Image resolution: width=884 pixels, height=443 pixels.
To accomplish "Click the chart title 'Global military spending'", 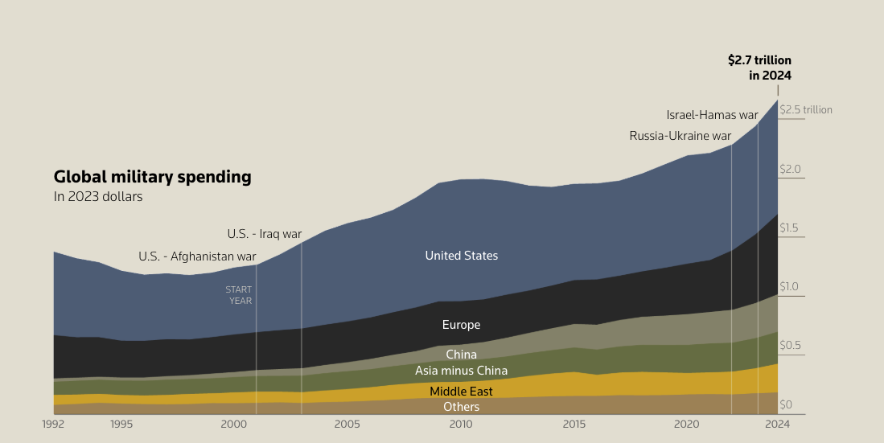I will pyautogui.click(x=152, y=177).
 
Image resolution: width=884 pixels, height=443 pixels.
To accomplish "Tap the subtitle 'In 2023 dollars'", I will pyautogui.click(x=98, y=197).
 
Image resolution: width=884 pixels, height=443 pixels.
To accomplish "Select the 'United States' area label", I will pyautogui.click(x=461, y=256).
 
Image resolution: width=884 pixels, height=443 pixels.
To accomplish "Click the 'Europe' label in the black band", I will pyautogui.click(x=461, y=325).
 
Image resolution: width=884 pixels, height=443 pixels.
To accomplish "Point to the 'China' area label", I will pyautogui.click(x=461, y=355).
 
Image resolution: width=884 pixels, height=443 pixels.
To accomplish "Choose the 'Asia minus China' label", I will pyautogui.click(x=461, y=371).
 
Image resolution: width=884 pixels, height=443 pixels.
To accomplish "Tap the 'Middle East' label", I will pyautogui.click(x=461, y=392).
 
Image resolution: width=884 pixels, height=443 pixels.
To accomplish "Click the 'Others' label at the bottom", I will pyautogui.click(x=461, y=407).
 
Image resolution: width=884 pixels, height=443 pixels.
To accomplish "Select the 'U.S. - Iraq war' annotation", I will pyautogui.click(x=264, y=234).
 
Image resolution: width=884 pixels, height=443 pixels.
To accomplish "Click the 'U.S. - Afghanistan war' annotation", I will pyautogui.click(x=197, y=257).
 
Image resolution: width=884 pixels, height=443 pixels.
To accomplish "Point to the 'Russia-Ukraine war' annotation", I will pyautogui.click(x=680, y=136).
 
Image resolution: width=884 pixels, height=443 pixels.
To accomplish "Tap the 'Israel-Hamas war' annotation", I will pyautogui.click(x=712, y=115).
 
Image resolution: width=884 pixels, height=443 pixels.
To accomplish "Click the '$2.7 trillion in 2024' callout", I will pyautogui.click(x=759, y=68).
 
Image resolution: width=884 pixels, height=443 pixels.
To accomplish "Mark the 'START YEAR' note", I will pyautogui.click(x=240, y=295).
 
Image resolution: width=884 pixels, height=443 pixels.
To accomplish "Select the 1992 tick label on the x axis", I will pyautogui.click(x=53, y=424).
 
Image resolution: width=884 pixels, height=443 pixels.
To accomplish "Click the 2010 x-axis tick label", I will pyautogui.click(x=461, y=424).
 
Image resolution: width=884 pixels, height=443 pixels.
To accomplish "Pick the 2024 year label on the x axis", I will pyautogui.click(x=778, y=424).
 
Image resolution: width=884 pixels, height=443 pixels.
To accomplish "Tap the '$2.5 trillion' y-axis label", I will pyautogui.click(x=805, y=110).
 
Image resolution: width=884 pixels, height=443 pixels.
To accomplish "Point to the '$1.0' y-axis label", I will pyautogui.click(x=790, y=287).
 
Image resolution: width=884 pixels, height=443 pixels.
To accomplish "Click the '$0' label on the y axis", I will pyautogui.click(x=786, y=404).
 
